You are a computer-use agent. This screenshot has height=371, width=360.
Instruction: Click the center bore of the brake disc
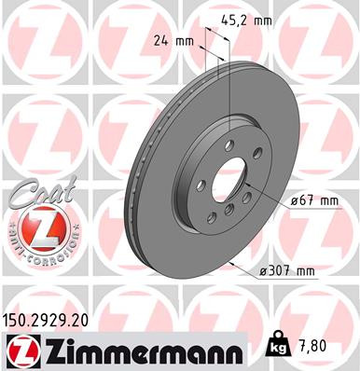point(228,177)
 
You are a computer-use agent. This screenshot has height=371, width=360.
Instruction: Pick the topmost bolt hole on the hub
point(228,144)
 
